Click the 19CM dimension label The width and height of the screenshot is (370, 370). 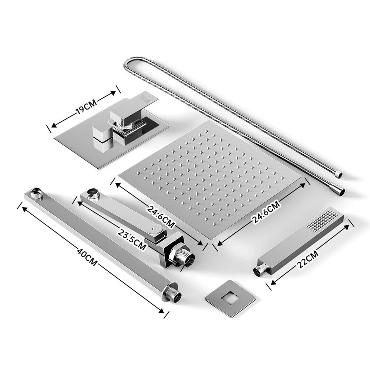(x=86, y=107)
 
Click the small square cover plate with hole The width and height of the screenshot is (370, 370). (x=230, y=299)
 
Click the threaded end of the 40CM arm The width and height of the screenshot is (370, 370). (x=174, y=295)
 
